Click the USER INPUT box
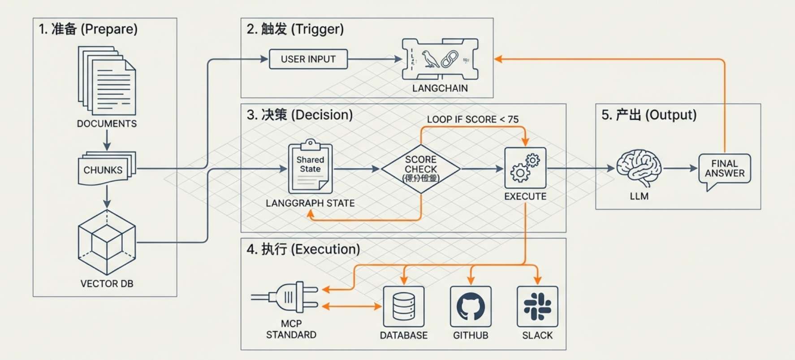[x=308, y=59]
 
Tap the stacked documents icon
[x=107, y=81]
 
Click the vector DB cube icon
[x=107, y=243]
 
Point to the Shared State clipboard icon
[x=310, y=167]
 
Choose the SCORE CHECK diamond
[x=420, y=169]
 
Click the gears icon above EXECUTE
[x=525, y=168]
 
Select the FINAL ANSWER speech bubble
[x=724, y=169]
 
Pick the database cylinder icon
[x=404, y=307]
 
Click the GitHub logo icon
[x=471, y=307]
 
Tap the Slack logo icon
[x=537, y=307]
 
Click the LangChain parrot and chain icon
[x=440, y=59]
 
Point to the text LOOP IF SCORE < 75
[x=472, y=119]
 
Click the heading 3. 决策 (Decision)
[x=299, y=115]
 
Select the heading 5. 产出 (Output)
[x=649, y=115]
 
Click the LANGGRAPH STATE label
[x=310, y=203]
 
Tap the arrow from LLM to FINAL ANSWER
[x=680, y=169]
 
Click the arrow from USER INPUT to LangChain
[x=375, y=59]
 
